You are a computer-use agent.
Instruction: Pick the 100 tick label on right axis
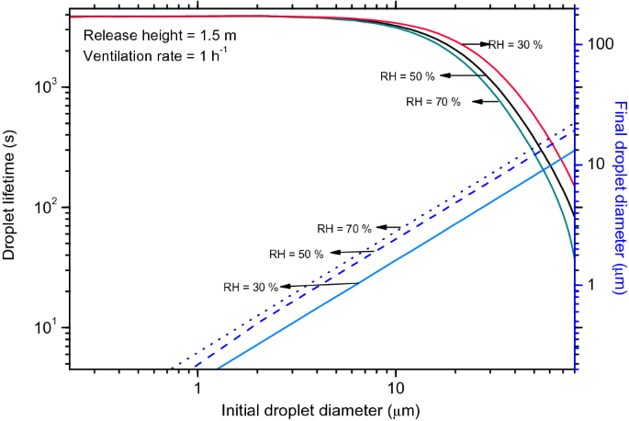coord(600,43)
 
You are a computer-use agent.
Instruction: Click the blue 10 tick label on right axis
coord(595,164)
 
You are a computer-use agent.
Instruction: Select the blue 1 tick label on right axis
coord(591,285)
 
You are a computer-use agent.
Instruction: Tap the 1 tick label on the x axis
coord(198,386)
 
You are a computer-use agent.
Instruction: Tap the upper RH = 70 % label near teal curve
coord(432,102)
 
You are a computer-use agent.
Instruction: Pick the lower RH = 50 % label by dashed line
coord(296,254)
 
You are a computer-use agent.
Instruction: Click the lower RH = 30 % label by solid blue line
coord(250,286)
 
